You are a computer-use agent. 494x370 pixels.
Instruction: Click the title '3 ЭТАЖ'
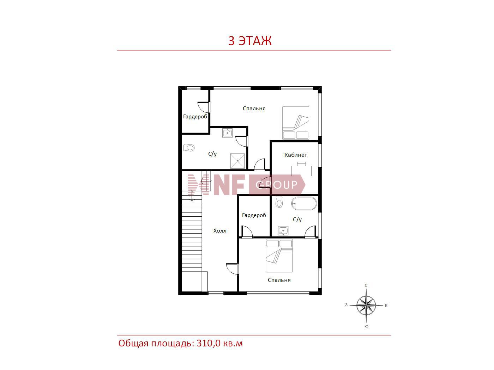coord(249,41)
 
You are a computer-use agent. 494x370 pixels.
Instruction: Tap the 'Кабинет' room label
coord(295,155)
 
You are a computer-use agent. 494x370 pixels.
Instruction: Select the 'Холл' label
coord(220,231)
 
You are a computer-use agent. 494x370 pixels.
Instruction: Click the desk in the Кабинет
coord(301,169)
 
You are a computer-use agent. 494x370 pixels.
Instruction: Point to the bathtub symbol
coord(304,203)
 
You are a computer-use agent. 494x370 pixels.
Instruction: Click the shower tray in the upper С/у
coord(237,161)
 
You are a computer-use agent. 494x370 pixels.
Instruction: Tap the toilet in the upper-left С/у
coord(189,148)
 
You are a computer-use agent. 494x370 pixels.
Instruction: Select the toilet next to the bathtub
coord(279,202)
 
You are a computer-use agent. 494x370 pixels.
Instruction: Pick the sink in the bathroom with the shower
coord(228,133)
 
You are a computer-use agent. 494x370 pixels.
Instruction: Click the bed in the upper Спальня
coord(295,123)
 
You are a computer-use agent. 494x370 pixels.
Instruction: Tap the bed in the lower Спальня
coord(279,256)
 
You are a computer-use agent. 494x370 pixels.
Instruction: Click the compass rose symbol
coord(366,306)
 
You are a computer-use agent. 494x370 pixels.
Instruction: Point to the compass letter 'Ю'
coord(366,327)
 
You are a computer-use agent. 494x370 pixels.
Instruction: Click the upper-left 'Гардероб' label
coord(195,117)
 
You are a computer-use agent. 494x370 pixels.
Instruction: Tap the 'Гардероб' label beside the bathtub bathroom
coord(254,215)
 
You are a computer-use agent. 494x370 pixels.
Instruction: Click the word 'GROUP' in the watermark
coord(276,185)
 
